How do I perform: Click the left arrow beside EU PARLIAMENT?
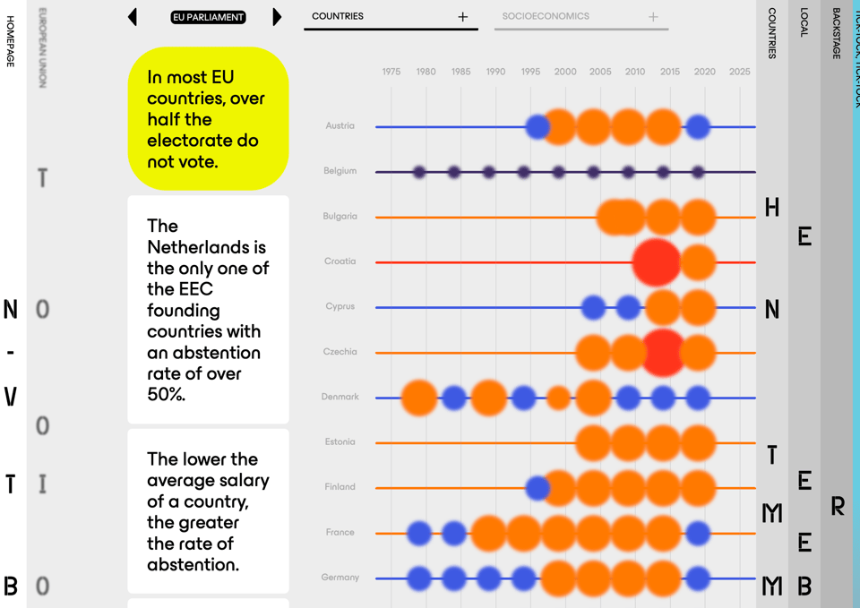133,17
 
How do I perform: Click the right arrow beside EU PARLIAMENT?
277,17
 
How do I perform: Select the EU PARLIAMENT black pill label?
208,17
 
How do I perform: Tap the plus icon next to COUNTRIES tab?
462,17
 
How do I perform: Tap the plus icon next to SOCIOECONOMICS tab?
653,17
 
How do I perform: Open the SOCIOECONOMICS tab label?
546,16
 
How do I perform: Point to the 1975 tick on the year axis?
391,72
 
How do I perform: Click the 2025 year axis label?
739,72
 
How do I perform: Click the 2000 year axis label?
565,72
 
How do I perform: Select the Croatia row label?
340,261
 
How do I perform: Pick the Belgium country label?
340,171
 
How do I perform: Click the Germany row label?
340,578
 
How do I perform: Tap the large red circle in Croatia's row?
657,262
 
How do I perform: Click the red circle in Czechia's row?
664,352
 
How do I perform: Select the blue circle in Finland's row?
537,488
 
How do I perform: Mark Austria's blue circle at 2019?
698,127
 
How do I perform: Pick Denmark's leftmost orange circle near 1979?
419,398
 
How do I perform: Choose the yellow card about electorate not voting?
208,119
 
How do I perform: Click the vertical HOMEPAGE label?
11,41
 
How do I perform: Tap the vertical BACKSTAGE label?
836,34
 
